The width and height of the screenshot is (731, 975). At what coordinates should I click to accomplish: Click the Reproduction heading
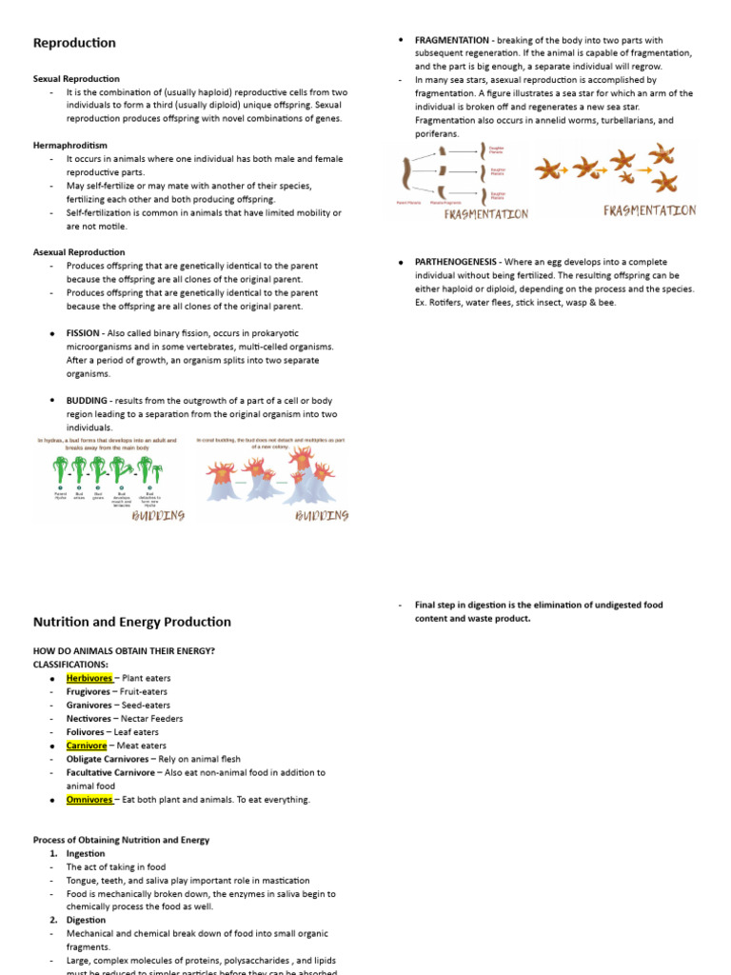(74, 43)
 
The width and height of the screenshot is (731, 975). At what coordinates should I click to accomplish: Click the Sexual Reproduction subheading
(76, 79)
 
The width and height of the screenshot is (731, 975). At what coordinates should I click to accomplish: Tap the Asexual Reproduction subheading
(79, 252)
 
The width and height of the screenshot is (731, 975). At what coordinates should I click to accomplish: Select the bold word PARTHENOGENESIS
(458, 262)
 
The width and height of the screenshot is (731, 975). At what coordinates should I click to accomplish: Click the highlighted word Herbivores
(89, 678)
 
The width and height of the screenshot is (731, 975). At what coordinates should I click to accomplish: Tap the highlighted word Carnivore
(87, 746)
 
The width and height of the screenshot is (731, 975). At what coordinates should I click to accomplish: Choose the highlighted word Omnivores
(89, 800)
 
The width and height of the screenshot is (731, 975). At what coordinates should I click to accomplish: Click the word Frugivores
(88, 691)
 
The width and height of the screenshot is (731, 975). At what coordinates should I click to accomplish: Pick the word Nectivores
(88, 719)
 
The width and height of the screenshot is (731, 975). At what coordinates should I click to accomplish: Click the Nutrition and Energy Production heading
(131, 622)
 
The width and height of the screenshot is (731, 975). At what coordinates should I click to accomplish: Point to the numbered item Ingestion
(86, 854)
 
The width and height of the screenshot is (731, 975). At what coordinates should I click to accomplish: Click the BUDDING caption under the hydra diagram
(159, 515)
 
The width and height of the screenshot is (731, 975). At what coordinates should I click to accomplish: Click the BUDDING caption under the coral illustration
(322, 515)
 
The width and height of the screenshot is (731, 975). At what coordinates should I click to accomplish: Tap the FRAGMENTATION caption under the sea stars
(649, 210)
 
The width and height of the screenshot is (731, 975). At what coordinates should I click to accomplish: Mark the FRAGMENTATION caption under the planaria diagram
(485, 214)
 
